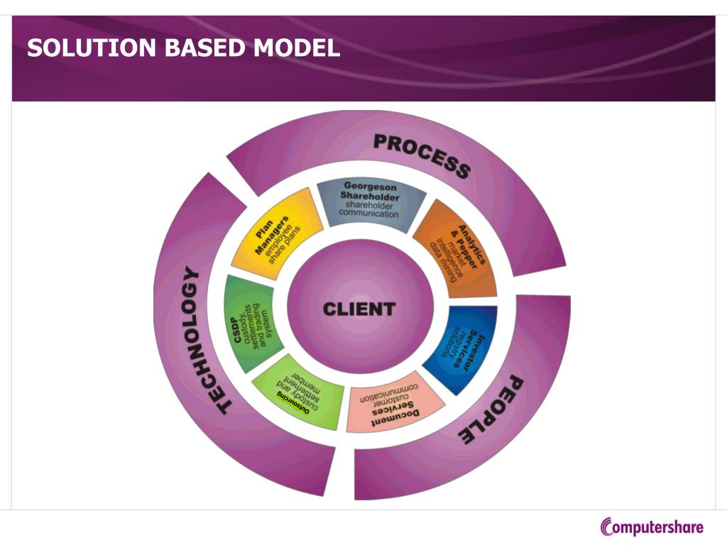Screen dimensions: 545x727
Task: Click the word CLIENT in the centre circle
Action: point(359,309)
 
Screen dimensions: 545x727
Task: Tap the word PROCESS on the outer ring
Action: point(422,155)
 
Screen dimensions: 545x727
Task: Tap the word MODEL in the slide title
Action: point(298,48)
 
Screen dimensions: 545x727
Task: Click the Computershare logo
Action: point(652,527)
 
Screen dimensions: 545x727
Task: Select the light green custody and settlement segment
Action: point(298,394)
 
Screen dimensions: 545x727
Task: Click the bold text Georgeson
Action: point(370,186)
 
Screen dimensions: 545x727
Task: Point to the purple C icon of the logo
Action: point(607,527)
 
